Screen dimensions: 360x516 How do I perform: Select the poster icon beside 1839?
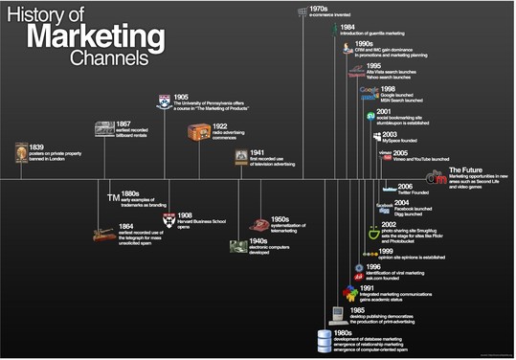click(21, 152)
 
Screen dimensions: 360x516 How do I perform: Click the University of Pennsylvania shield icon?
click(165, 100)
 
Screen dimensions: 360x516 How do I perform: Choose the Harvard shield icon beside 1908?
click(168, 218)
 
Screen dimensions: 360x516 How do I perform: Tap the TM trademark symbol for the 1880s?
click(112, 197)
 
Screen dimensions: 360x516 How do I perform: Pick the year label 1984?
click(351, 27)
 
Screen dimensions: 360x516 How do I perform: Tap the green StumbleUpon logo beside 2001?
click(369, 116)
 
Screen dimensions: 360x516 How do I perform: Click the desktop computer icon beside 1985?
click(337, 312)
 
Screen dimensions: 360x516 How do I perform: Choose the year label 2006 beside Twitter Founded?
click(405, 186)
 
